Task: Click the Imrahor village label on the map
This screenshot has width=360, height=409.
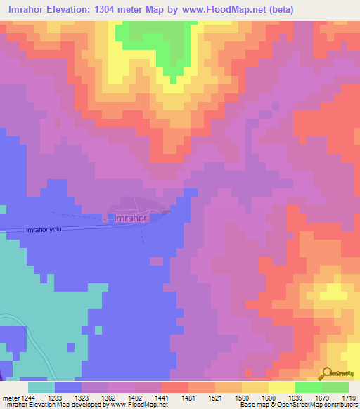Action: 129,219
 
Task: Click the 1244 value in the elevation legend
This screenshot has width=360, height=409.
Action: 28,397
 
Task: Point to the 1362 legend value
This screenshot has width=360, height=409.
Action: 110,397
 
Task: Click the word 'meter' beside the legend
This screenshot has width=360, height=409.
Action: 10,397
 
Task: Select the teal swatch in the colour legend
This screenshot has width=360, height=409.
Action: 41,387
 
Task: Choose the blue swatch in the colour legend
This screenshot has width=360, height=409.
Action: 68,387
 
